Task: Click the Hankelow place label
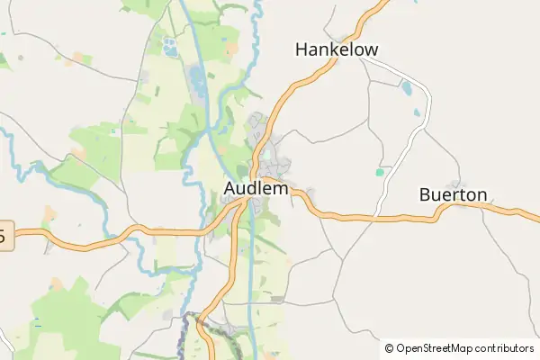click(x=337, y=49)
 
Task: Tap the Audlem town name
click(x=256, y=190)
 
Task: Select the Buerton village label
click(x=454, y=194)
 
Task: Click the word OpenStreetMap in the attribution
click(x=433, y=348)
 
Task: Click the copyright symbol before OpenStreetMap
click(x=389, y=348)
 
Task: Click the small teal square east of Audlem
click(x=380, y=171)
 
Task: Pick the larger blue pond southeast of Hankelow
click(x=407, y=88)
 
